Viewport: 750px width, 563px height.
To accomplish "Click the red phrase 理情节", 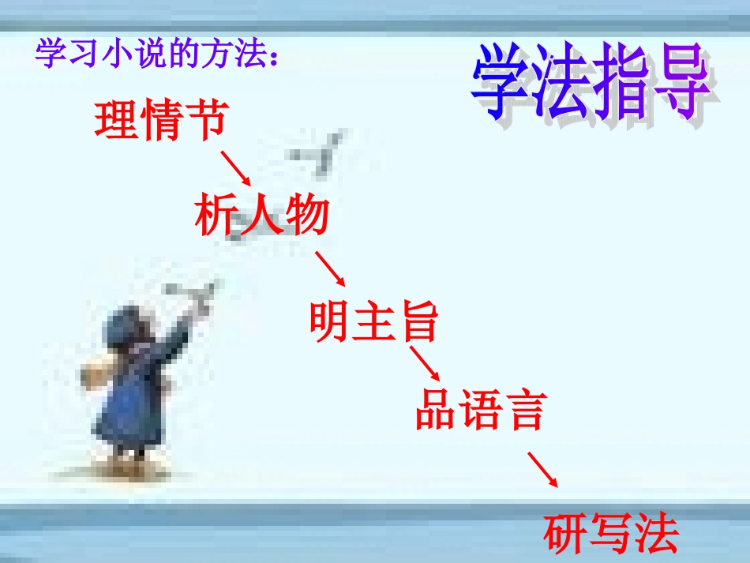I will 161,121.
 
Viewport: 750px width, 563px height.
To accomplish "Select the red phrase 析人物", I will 261,216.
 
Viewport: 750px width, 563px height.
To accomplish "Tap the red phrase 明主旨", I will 373,322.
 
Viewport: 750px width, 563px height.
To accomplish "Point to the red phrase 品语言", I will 480,410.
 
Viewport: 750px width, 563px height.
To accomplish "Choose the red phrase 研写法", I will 611,534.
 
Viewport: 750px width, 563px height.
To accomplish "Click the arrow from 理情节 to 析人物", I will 235,169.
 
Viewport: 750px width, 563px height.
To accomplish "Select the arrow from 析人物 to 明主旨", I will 330,269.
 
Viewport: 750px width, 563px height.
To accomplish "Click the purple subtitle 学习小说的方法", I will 157,54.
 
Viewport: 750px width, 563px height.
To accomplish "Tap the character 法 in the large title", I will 562,84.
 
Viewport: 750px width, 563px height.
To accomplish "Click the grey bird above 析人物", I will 320,152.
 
